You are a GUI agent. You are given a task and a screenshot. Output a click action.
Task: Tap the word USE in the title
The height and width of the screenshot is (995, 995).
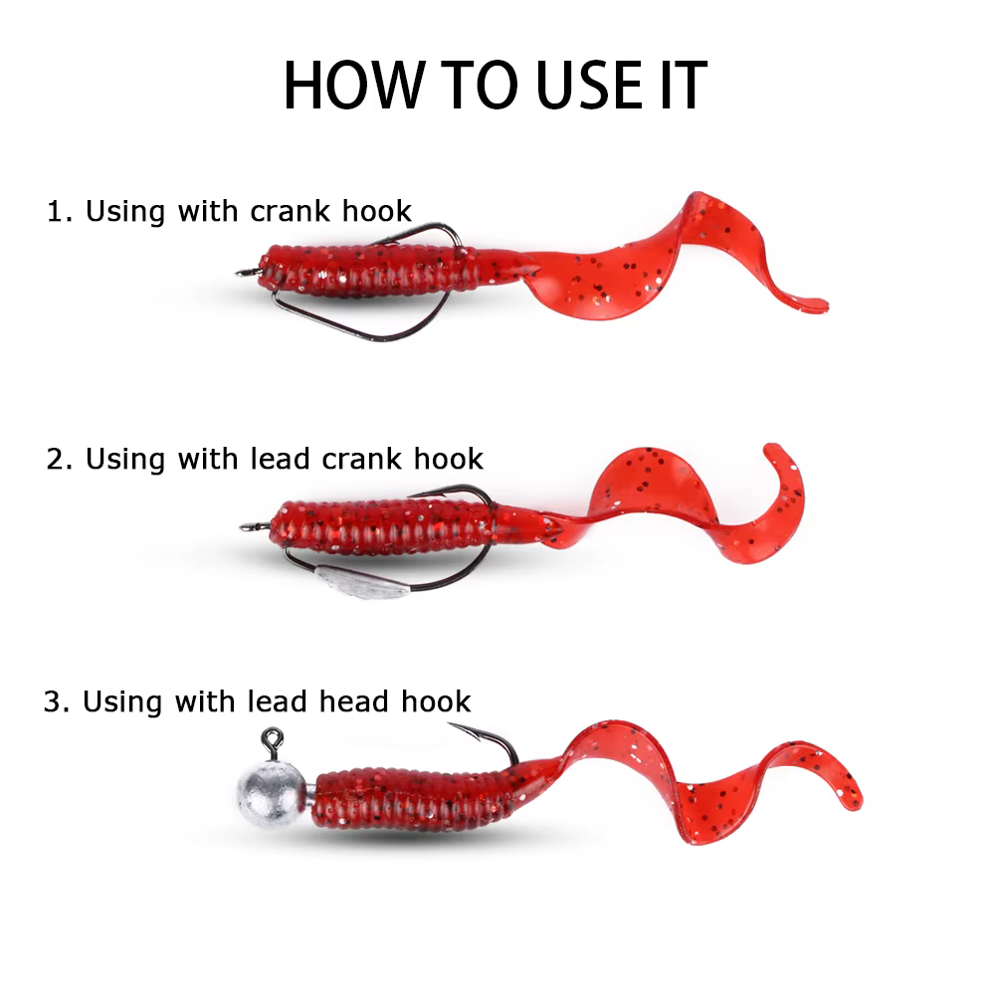tap(589, 85)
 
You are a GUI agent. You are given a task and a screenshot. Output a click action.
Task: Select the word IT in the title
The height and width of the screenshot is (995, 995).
tap(684, 85)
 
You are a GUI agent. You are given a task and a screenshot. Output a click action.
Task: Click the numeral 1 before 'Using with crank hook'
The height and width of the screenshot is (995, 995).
tap(55, 211)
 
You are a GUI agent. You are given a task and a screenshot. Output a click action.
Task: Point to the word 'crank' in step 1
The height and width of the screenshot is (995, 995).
tap(290, 211)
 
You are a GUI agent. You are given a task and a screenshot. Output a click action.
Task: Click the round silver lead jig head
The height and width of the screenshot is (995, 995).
tap(272, 794)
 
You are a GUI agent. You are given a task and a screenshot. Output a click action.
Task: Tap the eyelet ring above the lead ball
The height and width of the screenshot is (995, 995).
tap(273, 738)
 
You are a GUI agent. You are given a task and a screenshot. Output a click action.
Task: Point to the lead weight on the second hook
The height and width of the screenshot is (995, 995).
tap(362, 582)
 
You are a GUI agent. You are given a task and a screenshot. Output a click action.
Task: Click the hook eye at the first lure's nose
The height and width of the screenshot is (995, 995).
tap(246, 273)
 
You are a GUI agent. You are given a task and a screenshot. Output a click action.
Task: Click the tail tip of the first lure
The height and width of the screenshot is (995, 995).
tap(822, 305)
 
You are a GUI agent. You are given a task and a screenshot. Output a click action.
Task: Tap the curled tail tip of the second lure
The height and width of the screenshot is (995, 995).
tap(771, 450)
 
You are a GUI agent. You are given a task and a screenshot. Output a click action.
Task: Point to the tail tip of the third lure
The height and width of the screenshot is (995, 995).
tap(854, 802)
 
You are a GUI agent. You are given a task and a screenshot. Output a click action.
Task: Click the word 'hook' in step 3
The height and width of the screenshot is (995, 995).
tap(436, 701)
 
